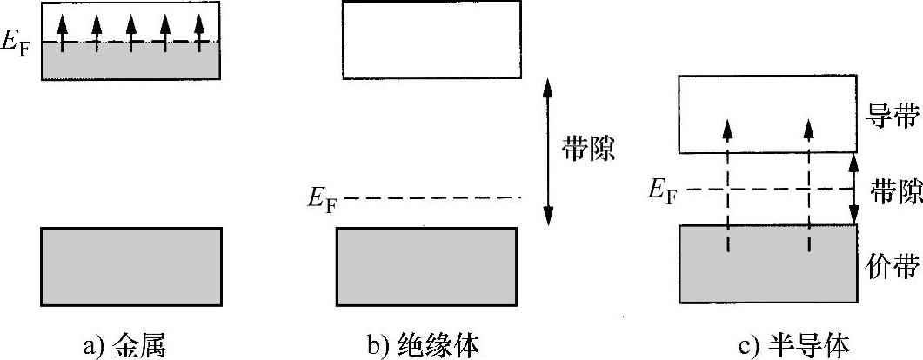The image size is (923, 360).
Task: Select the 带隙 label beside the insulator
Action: (589, 149)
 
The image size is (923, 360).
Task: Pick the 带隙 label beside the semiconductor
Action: (896, 191)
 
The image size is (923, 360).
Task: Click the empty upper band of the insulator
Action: (431, 39)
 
